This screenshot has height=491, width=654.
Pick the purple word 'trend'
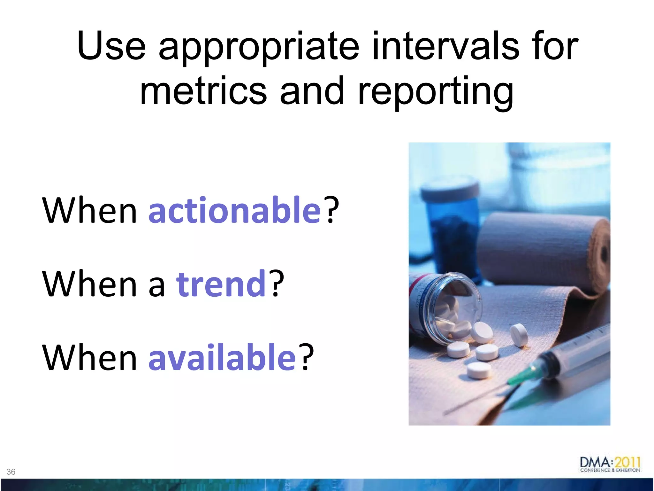point(221,284)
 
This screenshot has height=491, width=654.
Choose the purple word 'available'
point(222,357)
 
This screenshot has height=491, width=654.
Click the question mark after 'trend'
point(276,283)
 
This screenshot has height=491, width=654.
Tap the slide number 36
point(11,472)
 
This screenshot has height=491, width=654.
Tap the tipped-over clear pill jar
point(444,307)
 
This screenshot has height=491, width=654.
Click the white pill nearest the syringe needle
point(479,371)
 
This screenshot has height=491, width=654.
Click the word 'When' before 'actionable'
point(89,211)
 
